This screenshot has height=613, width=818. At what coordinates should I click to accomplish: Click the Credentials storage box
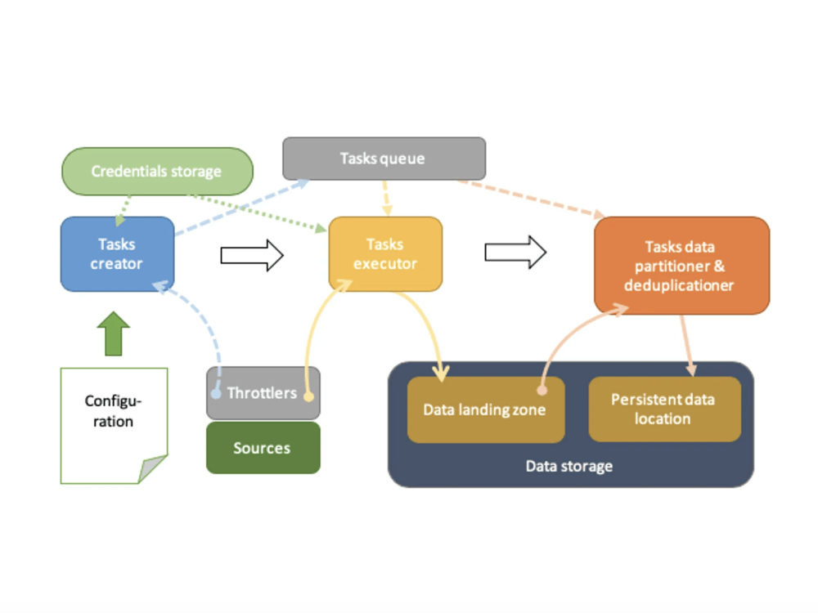[x=158, y=172]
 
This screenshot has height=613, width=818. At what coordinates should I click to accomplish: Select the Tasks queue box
[x=384, y=159]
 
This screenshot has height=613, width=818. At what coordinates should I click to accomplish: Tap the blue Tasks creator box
[x=117, y=254]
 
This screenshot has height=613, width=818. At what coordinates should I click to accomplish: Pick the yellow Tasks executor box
[x=385, y=254]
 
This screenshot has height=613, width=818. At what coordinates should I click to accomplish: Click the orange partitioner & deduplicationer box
[x=682, y=266]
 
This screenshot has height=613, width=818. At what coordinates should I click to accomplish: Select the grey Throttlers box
[x=263, y=393]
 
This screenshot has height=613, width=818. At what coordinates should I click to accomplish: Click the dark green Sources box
[x=263, y=448]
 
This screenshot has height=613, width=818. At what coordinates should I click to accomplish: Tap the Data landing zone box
[x=486, y=409]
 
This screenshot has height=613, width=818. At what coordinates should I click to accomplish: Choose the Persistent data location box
[x=664, y=409]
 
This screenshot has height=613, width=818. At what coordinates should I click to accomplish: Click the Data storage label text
[x=569, y=466]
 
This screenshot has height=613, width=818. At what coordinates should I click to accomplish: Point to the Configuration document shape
[x=114, y=426]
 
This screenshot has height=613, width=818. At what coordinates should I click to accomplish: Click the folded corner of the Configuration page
[x=152, y=468]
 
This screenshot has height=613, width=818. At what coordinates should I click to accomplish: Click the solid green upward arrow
[x=113, y=333]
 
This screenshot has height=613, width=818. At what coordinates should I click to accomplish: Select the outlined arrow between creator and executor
[x=252, y=255]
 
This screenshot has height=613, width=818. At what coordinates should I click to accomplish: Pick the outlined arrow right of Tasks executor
[x=515, y=253]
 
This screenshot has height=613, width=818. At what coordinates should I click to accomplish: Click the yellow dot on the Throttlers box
[x=309, y=396]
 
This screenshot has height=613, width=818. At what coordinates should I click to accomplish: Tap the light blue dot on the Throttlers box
[x=216, y=394]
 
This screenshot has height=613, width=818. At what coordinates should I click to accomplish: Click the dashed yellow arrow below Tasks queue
[x=386, y=198]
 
